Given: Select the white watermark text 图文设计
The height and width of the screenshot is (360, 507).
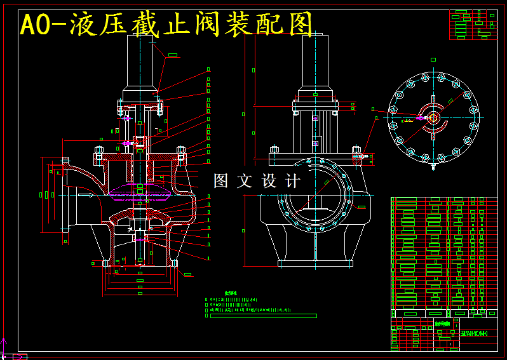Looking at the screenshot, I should (257, 181).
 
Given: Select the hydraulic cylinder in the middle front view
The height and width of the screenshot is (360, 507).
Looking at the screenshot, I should (315, 60).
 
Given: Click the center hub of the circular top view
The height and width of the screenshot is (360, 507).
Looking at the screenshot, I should (433, 117).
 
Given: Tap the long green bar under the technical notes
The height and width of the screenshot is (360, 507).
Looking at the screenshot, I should (262, 316).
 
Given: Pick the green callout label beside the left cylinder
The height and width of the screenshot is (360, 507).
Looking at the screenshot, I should (172, 56).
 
